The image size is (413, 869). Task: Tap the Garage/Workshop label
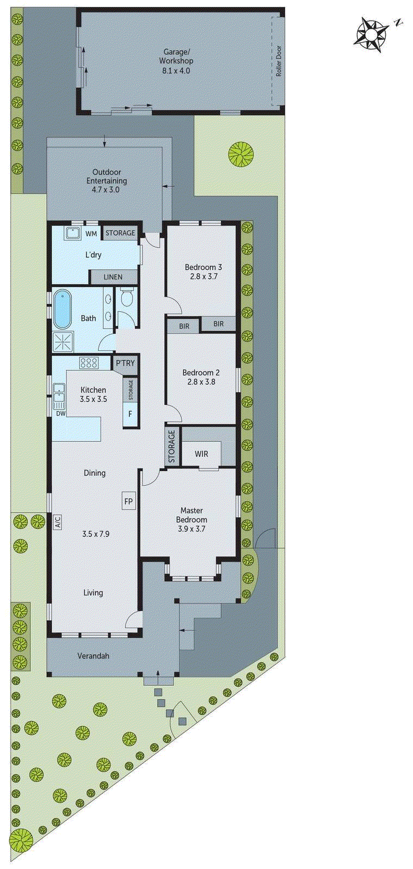[x=176, y=56]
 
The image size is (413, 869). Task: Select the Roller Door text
[x=279, y=60]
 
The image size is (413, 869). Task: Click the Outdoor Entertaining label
[x=107, y=177]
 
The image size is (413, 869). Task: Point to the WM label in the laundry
[x=91, y=234]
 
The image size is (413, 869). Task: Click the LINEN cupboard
[x=113, y=277]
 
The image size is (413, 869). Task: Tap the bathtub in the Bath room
[x=62, y=309]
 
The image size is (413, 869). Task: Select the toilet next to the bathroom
[x=127, y=298]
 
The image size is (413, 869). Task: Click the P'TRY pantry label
[x=125, y=363]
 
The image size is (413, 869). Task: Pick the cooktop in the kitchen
[x=88, y=362]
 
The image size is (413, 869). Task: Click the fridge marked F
[x=130, y=414]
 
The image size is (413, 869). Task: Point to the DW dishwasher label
[x=60, y=413]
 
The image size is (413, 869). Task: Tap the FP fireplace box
[x=129, y=501]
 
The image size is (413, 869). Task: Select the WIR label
[x=201, y=454]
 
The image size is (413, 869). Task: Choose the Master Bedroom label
[x=192, y=515]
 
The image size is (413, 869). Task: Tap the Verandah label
[x=93, y=656]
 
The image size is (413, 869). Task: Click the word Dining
[x=95, y=473]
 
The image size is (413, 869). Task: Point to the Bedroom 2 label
[x=201, y=373]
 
